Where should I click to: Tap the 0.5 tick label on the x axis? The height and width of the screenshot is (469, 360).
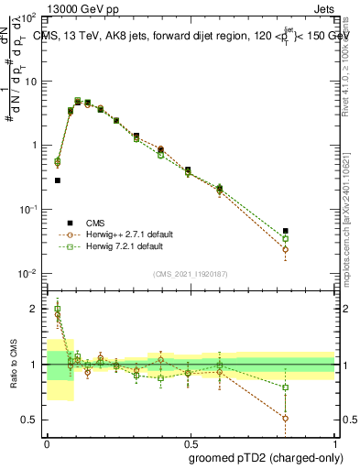click(x=189, y=442)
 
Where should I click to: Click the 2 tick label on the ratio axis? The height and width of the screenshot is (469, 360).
click(x=34, y=309)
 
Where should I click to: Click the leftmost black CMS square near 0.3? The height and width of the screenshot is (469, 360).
click(x=58, y=180)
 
